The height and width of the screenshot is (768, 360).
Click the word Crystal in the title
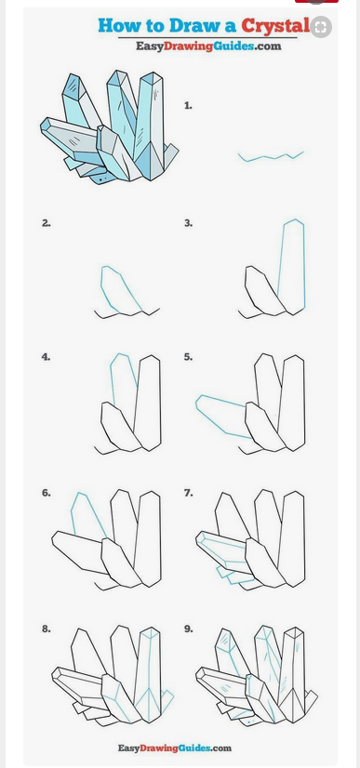[274, 25]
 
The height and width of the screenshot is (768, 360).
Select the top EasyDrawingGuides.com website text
[208, 46]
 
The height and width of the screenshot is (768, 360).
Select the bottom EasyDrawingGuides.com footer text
[174, 748]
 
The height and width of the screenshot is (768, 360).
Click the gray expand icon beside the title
[321, 27]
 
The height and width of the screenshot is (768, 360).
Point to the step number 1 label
[188, 105]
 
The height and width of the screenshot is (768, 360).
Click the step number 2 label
[46, 223]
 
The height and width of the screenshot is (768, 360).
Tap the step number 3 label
[188, 223]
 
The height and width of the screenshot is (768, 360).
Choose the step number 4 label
[46, 357]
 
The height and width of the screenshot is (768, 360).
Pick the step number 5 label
[188, 357]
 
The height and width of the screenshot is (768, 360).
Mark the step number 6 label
[46, 493]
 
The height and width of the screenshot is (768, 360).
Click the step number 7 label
[188, 493]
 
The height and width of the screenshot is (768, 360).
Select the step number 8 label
[46, 629]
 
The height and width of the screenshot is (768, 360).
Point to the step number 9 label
[188, 629]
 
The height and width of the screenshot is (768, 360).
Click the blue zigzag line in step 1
[271, 157]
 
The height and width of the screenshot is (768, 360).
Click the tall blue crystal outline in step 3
[304, 264]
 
